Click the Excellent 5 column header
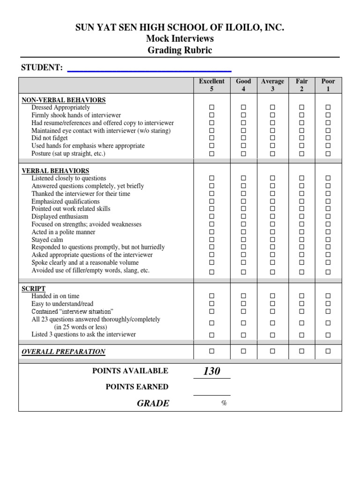pos(211,85)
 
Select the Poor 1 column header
pos(328,85)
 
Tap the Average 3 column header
pos(272,85)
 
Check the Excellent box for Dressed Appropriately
pos(211,108)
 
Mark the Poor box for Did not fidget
pos(328,138)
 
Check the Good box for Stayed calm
pos(243,240)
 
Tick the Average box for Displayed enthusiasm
pos(272,217)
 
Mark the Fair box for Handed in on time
pos(302,296)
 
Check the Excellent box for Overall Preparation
pos(211,351)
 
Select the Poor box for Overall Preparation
pos(328,351)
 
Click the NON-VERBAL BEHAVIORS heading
pos(64,100)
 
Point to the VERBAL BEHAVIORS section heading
pos(55,171)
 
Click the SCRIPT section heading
pos(34,289)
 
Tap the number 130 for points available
pos(211,371)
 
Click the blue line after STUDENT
pos(150,71)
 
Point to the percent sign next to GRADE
pos(224,404)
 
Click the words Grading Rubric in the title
pos(180,50)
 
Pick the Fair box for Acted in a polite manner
pos(302,232)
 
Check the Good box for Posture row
pos(243,153)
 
